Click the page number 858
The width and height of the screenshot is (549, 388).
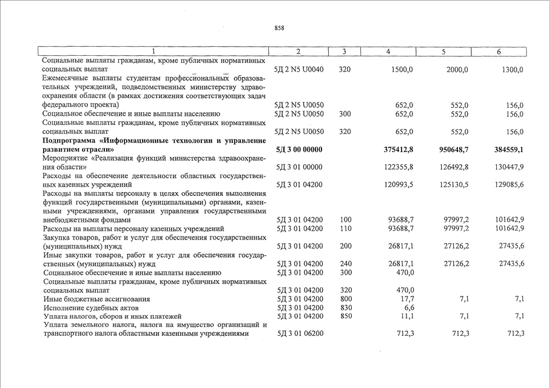[279, 28]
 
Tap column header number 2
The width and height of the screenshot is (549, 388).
[298, 52]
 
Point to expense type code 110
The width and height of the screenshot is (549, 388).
[345, 229]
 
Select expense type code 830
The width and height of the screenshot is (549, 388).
[345, 308]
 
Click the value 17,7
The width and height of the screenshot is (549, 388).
[406, 299]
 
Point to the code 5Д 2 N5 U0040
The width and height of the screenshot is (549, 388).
[300, 70]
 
